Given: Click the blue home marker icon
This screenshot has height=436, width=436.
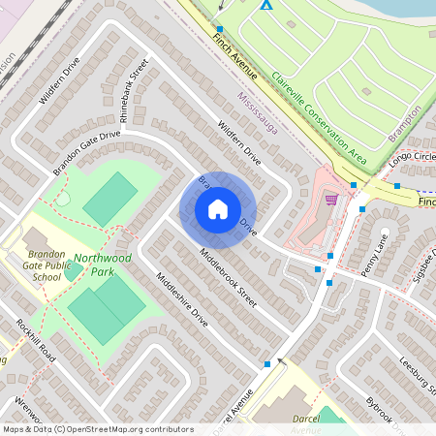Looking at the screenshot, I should tap(218, 208).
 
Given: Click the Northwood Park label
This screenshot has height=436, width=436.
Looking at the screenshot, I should tap(103, 265).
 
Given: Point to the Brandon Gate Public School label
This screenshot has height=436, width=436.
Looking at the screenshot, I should tap(32, 264).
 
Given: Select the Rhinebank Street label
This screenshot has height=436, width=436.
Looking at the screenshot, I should tap(133, 86).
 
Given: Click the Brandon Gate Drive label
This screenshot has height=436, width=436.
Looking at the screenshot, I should tap(86, 152).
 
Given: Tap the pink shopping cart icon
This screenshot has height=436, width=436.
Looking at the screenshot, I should tap(332, 201).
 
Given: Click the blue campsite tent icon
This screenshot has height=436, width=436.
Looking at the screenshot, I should tap(265, 5).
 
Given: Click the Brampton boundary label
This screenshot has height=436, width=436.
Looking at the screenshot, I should tap(405, 124).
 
